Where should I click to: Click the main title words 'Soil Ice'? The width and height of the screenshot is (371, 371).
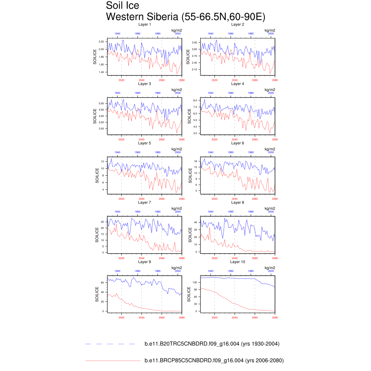tap(122, 6)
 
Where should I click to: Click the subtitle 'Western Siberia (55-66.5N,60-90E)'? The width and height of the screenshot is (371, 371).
tap(185, 17)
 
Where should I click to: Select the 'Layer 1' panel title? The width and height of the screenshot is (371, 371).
tap(145, 24)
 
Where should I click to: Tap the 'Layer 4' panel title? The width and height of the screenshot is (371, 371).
tap(238, 84)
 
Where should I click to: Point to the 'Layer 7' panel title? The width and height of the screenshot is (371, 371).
tap(145, 202)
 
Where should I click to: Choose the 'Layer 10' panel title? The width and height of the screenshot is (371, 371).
tap(238, 262)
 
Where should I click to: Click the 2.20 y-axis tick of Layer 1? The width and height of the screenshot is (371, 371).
tap(101, 42)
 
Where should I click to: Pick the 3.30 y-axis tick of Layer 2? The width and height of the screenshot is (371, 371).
tap(194, 42)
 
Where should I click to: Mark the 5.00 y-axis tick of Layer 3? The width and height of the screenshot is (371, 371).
tap(101, 103)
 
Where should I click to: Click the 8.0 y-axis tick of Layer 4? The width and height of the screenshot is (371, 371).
tap(195, 100)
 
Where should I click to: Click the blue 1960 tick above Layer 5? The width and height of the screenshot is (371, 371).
tap(138, 153)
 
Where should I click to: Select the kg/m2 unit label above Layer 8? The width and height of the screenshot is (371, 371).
tap(270, 208)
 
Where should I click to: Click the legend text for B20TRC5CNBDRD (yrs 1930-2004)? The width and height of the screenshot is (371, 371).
tap(212, 344)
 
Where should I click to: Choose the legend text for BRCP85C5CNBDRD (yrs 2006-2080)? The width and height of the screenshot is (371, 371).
tap(214, 360)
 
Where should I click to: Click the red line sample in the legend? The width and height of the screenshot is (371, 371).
tap(112, 360)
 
